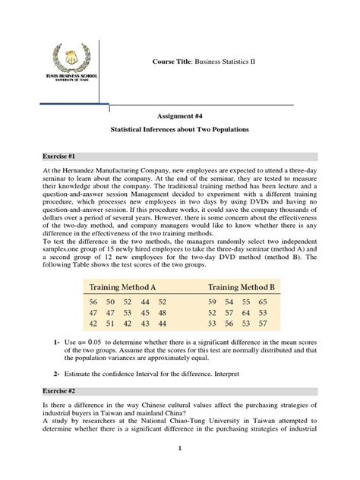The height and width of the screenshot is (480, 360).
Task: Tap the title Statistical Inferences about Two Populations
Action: [x=180, y=130]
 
